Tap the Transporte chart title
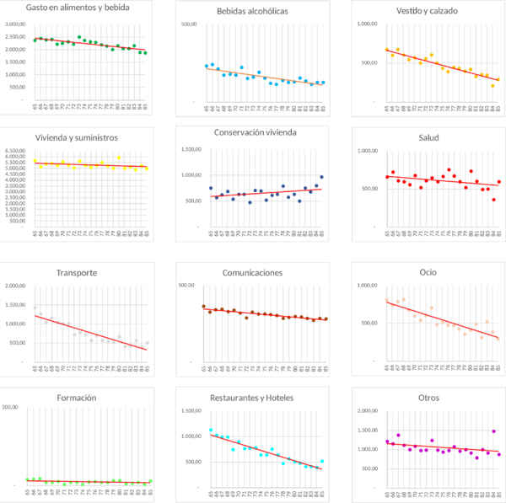click(x=78, y=272)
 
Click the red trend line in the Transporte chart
click(x=93, y=329)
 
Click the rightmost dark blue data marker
click(x=321, y=177)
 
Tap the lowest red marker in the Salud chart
click(x=493, y=200)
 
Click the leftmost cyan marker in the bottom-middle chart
click(x=210, y=431)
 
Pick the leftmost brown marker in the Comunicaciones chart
click(x=203, y=307)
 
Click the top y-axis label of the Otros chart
click(x=365, y=410)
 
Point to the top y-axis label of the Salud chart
click(x=365, y=150)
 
